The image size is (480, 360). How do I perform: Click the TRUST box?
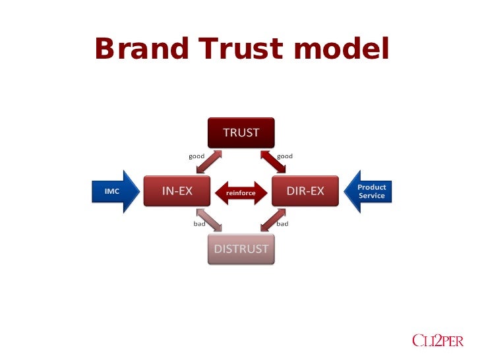coord(241,133)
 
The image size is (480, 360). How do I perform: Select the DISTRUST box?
coord(241,249)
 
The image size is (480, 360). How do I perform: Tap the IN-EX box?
coord(177,191)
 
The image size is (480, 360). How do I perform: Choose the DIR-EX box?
coord(305,191)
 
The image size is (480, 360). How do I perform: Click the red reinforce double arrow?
coord(241,193)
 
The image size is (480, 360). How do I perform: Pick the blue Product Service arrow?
coord(369,191)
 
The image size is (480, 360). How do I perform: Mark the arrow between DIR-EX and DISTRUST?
coord(272,220)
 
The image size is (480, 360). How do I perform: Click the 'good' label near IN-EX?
coord(196,156)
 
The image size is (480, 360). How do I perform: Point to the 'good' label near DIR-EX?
coord(285,156)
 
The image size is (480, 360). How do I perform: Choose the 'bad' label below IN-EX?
coord(199,224)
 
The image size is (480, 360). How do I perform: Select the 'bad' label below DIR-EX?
coord(282,224)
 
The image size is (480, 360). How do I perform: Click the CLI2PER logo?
coord(437,340)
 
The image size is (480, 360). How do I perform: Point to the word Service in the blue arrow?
coord(371,196)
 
